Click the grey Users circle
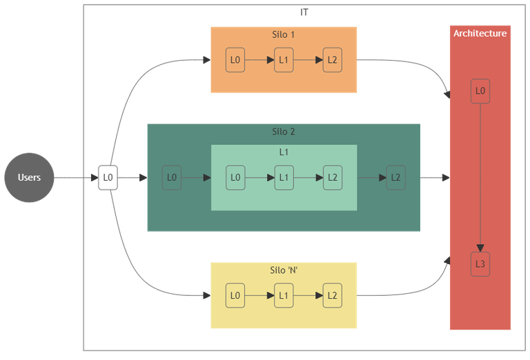[29, 177]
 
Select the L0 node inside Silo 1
[235, 60]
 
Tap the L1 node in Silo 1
[284, 60]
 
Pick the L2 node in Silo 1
[332, 60]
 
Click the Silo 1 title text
[284, 34]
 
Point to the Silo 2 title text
[284, 132]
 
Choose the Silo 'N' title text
[284, 270]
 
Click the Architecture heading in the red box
[480, 33]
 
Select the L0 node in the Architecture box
[480, 91]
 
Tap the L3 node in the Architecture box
[480, 265]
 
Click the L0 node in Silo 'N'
[235, 296]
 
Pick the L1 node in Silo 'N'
[284, 296]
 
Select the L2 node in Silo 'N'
[332, 296]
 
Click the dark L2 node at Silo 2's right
[395, 177]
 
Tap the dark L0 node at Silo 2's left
[172, 177]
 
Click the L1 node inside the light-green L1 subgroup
[284, 177]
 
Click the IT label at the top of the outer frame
[304, 12]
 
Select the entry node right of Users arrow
[108, 177]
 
